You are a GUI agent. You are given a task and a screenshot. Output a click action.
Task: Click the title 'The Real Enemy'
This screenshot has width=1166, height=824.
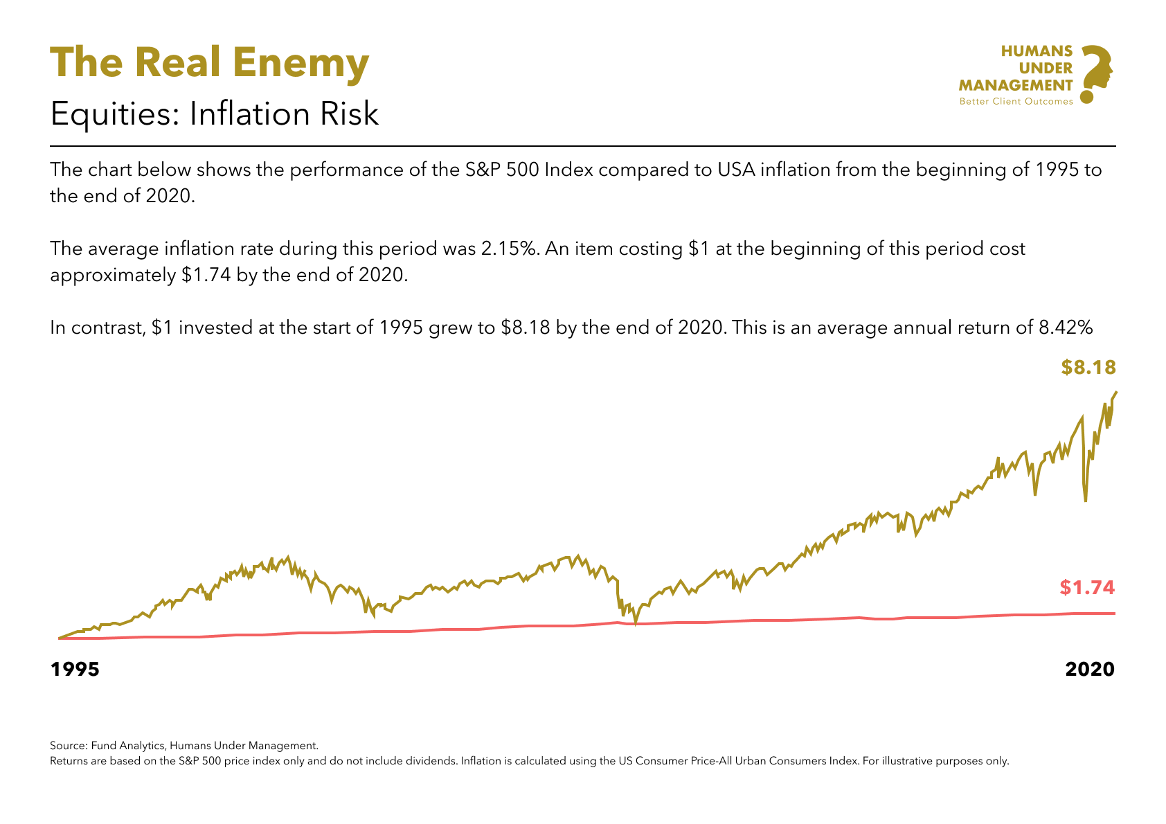tap(209, 62)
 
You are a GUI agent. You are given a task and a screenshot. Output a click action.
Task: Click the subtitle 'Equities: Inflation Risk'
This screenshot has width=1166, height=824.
tap(215, 114)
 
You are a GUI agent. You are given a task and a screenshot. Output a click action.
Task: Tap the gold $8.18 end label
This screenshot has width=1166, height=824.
tap(1088, 368)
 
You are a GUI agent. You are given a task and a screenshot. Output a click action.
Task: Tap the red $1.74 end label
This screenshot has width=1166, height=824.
tap(1087, 588)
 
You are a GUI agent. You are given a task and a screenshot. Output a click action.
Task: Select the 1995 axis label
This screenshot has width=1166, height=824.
tap(75, 670)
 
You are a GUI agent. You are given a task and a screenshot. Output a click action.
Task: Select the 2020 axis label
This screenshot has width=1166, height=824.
tap(1090, 670)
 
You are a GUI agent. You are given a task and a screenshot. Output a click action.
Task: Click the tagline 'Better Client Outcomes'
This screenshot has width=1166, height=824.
tap(1016, 102)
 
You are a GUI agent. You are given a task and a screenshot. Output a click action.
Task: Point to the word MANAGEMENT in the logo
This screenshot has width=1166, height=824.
tap(1016, 85)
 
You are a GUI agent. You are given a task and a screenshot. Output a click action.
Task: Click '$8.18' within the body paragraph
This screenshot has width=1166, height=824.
tap(526, 327)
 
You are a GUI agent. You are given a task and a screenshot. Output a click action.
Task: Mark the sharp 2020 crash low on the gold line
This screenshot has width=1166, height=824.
tap(1086, 500)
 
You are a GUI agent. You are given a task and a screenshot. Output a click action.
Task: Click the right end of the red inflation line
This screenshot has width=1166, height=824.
tap(1114, 613)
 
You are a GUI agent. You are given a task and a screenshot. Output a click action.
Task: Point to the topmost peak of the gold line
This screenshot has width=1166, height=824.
tap(1116, 393)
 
